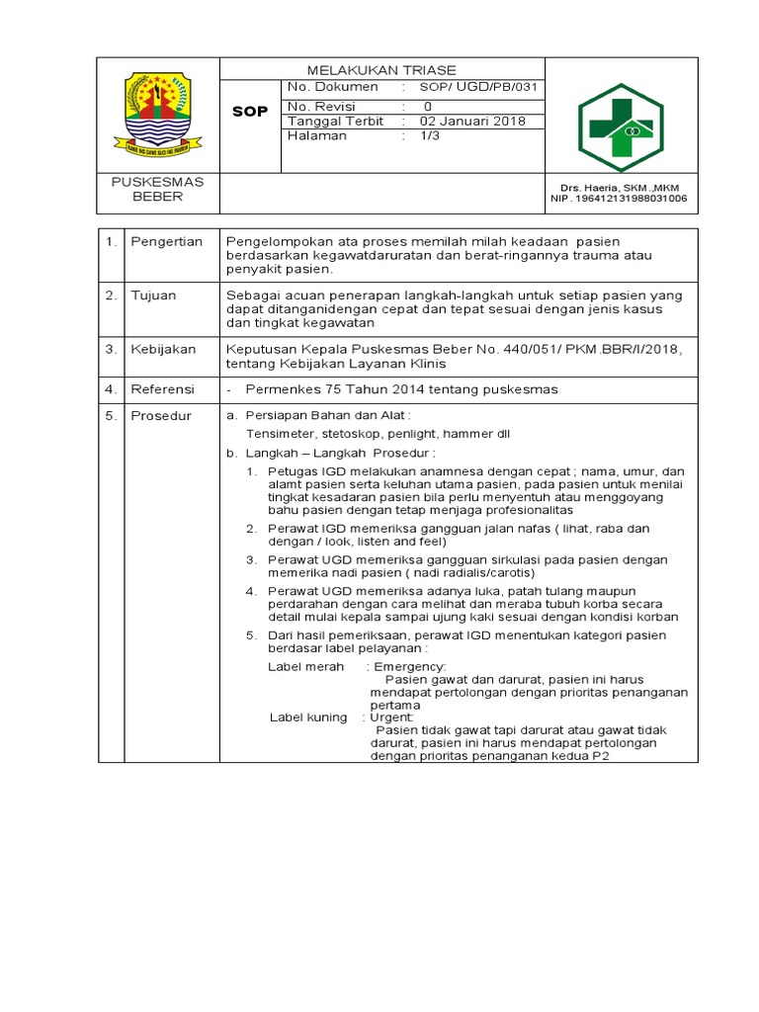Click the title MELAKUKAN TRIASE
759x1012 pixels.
[381, 70]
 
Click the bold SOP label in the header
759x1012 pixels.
[250, 112]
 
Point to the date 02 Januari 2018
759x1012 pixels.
[472, 122]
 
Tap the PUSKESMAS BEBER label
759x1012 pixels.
[158, 189]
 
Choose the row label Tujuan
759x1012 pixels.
[154, 295]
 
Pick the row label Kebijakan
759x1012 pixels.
[163, 349]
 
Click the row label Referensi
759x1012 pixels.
[163, 389]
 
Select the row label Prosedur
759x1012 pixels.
[162, 416]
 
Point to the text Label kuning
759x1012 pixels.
[308, 717]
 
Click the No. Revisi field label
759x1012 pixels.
[320, 105]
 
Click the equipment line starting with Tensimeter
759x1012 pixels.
[379, 434]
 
